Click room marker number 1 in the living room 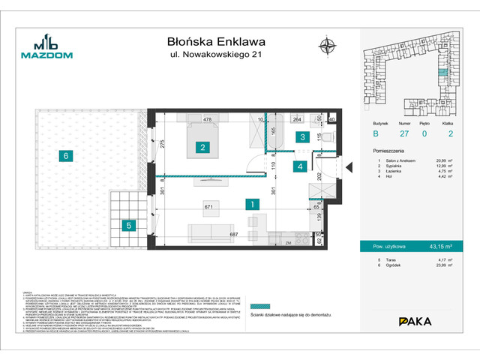coord(254,203)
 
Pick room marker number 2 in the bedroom coord(202,148)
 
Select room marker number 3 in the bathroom coord(301,136)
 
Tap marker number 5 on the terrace coord(128,224)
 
